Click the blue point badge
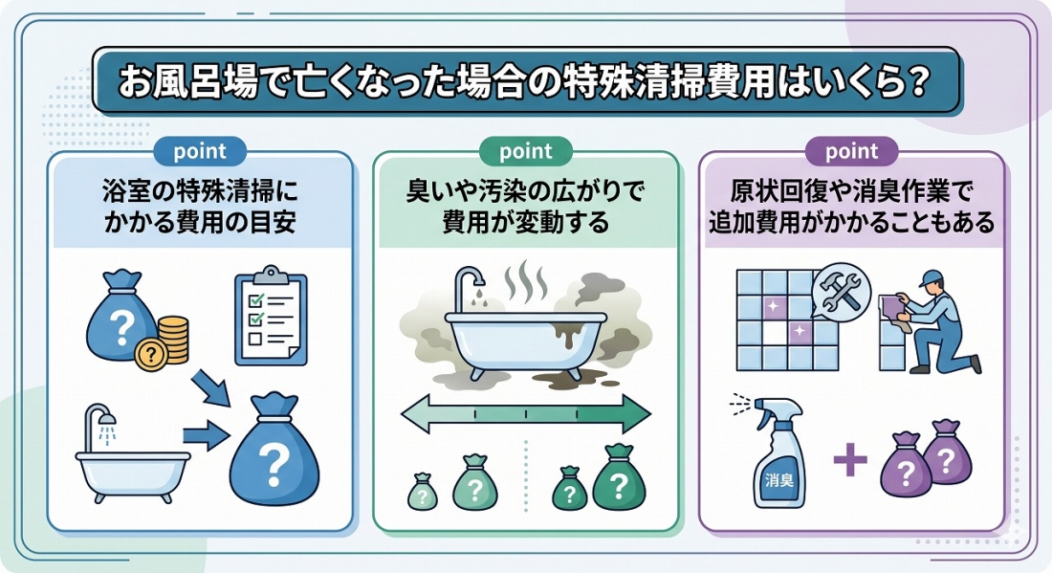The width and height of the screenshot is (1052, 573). [200, 151]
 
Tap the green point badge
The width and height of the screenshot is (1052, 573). [525, 151]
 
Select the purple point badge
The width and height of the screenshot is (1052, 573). [851, 151]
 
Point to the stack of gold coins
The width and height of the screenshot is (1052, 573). [172, 338]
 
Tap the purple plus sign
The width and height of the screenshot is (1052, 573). [849, 461]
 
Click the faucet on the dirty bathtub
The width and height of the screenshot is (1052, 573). [469, 286]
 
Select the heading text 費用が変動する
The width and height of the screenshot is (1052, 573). [525, 223]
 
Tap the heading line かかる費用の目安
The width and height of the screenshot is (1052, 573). [200, 223]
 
